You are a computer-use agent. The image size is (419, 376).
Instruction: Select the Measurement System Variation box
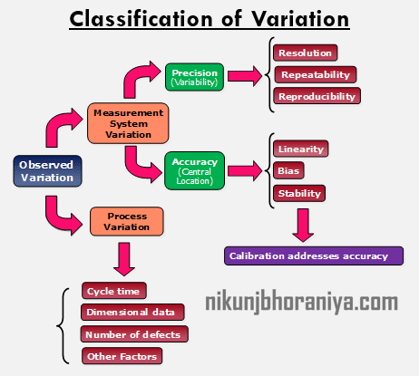coord(127,123)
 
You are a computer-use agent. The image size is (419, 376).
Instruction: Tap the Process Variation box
coord(127,222)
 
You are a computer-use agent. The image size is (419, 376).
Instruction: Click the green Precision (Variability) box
coord(194,76)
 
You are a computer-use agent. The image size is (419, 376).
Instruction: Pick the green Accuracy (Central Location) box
coord(194,170)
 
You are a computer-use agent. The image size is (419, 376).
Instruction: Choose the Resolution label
coord(305,53)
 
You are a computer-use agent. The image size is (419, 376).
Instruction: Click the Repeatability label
coord(315,74)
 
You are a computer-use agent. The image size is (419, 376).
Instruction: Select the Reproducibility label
coord(317,96)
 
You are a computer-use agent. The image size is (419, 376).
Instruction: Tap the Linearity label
coord(301,149)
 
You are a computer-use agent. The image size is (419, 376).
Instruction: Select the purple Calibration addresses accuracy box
coord(308,256)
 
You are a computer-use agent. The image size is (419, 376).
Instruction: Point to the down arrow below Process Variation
coord(127,259)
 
